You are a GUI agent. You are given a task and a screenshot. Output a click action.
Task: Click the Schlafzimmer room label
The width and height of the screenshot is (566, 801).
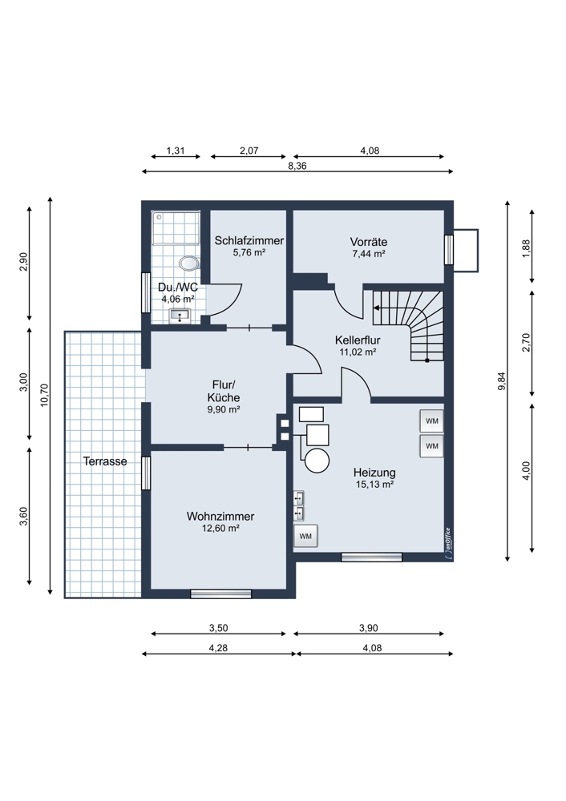pyautogui.click(x=249, y=240)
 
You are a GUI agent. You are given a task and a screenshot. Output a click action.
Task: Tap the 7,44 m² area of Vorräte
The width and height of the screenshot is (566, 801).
pyautogui.click(x=368, y=254)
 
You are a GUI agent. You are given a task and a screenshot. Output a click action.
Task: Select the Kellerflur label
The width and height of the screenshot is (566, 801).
pyautogui.click(x=358, y=340)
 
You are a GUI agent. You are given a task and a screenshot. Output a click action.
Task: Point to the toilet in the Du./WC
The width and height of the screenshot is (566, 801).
pyautogui.click(x=189, y=263)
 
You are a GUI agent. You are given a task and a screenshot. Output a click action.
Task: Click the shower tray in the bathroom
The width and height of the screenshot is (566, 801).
pyautogui.click(x=176, y=227)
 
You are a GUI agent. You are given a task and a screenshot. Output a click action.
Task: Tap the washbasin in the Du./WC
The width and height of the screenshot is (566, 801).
pyautogui.click(x=180, y=316)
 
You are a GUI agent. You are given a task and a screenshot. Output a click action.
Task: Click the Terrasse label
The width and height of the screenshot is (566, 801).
pyautogui.click(x=105, y=461)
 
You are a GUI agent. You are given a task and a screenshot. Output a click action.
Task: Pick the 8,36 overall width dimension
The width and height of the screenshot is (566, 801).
pyautogui.click(x=297, y=166)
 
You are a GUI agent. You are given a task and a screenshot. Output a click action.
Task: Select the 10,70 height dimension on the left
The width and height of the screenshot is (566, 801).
pyautogui.click(x=44, y=395)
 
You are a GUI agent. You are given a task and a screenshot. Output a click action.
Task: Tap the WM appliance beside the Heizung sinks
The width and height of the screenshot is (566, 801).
pyautogui.click(x=305, y=537)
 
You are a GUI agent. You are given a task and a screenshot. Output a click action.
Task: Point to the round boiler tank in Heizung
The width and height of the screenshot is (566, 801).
pyautogui.click(x=317, y=461)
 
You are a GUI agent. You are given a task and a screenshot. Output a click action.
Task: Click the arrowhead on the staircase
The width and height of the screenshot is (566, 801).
pyautogui.click(x=377, y=308)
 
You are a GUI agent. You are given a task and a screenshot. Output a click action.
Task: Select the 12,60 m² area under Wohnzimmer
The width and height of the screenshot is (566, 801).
pyautogui.click(x=221, y=528)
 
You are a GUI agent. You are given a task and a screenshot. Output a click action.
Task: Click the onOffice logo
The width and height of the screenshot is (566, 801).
pyautogui.click(x=448, y=545)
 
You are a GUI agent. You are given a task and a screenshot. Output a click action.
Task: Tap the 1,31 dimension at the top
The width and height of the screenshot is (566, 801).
pyautogui.click(x=176, y=151)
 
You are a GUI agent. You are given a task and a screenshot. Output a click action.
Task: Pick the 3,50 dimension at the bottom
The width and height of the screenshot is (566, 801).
pyautogui.click(x=218, y=628)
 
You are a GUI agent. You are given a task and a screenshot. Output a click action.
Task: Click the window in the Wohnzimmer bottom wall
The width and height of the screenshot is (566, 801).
pyautogui.click(x=221, y=594)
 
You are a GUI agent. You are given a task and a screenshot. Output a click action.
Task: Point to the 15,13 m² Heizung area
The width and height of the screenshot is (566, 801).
pyautogui.click(x=374, y=485)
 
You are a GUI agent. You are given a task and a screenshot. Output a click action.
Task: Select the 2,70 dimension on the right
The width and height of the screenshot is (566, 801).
pyautogui.click(x=527, y=342)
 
